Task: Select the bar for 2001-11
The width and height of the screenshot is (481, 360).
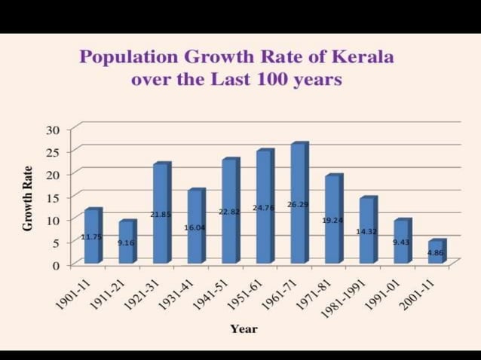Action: pyautogui.click(x=437, y=252)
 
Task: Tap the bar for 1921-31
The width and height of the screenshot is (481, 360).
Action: pyautogui.click(x=161, y=214)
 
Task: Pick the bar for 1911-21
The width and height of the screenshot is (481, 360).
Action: pyautogui.click(x=127, y=243)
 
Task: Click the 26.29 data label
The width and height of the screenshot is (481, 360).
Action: pyautogui.click(x=298, y=204)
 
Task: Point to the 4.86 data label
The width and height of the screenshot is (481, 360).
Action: pyautogui.click(x=436, y=253)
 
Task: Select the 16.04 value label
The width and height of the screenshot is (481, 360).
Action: pyautogui.click(x=195, y=227)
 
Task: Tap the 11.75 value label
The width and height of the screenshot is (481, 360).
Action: pyautogui.click(x=91, y=237)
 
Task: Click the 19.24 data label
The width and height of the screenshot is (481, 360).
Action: pyautogui.click(x=332, y=221)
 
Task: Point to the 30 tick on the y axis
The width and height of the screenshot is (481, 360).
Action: pyautogui.click(x=52, y=130)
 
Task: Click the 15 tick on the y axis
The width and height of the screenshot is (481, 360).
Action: pyautogui.click(x=52, y=197)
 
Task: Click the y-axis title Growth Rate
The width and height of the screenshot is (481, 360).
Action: pyautogui.click(x=28, y=198)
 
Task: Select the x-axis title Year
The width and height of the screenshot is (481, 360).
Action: pyautogui.click(x=244, y=329)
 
